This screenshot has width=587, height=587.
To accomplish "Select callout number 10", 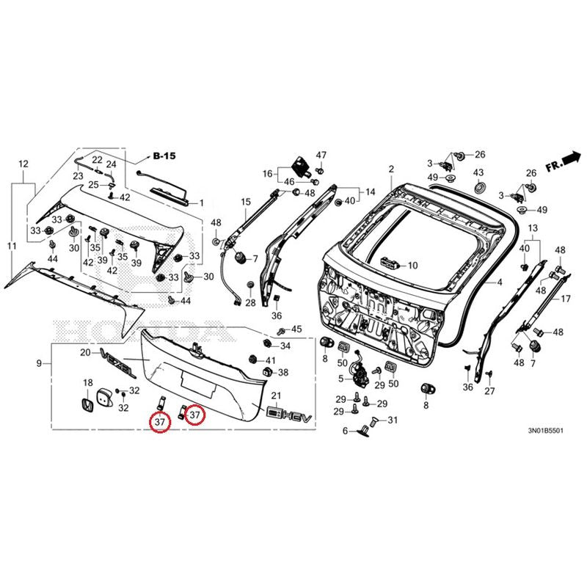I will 412,265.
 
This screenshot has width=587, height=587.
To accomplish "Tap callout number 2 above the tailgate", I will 391,169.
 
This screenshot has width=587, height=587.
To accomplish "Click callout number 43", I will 478,172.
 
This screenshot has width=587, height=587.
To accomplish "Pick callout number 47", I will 321,156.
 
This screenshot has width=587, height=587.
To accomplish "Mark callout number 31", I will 392,420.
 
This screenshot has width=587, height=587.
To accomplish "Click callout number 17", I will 565,299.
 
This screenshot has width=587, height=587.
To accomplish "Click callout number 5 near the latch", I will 340,379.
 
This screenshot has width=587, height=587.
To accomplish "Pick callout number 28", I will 250,303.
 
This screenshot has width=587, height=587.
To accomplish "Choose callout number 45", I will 296,329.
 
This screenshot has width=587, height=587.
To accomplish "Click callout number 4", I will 499,282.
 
